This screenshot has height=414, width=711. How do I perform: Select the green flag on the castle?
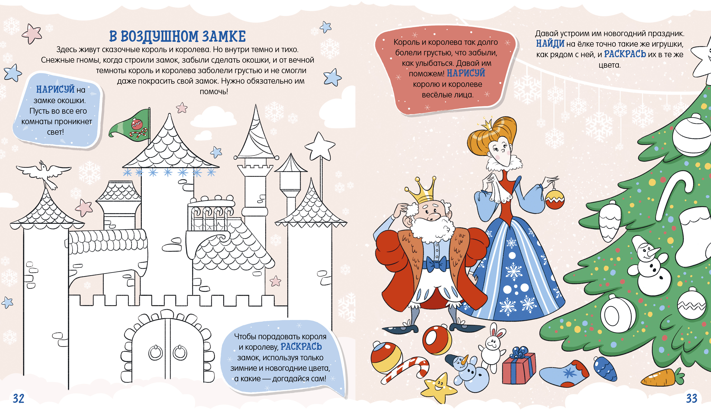(131, 124)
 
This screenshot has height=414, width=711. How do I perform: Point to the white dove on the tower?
(44, 174)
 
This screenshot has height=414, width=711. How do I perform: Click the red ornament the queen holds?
(554, 199)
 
